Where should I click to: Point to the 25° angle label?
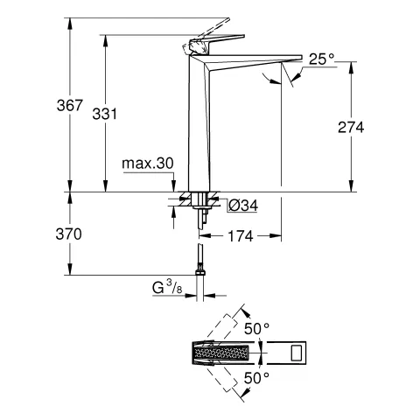(x=320, y=59)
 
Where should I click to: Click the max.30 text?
(x=147, y=164)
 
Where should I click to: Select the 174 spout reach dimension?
(x=241, y=235)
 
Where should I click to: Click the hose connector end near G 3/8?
(x=200, y=266)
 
